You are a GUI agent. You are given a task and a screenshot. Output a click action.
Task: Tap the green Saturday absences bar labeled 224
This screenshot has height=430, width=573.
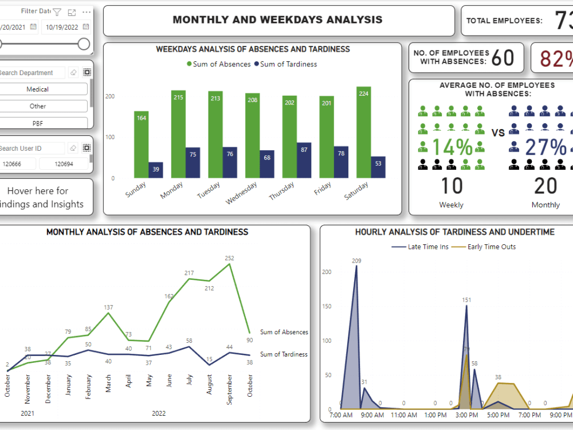pos(364,132)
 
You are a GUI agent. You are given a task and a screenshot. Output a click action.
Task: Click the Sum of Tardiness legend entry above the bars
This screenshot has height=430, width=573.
pos(285,64)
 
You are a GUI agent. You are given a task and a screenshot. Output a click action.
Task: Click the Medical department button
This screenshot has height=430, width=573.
pos(37,89)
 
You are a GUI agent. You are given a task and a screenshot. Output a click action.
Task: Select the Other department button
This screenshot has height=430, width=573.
pos(37,106)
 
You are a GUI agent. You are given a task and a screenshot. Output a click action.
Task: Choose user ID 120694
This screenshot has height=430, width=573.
pos(64,164)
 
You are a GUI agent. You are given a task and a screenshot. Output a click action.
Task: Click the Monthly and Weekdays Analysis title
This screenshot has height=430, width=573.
pos(277,20)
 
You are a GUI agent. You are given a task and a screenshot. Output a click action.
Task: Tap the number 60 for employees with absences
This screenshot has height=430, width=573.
pos(503,57)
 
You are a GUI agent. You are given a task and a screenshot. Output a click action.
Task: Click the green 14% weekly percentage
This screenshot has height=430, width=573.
pos(453,147)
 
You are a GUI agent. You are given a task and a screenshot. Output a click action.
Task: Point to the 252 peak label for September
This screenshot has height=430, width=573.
pos(229,258)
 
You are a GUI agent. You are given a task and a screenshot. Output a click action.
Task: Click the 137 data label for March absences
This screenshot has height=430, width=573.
pos(108,308)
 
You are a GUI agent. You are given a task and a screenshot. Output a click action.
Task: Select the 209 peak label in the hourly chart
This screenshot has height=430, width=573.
pos(356,261)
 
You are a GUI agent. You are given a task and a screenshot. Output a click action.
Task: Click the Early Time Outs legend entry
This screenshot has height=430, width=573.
pos(487,247)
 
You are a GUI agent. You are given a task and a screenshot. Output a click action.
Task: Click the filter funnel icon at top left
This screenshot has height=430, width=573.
pos(57,11)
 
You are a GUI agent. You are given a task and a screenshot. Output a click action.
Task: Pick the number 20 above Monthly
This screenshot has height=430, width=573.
pos(545,186)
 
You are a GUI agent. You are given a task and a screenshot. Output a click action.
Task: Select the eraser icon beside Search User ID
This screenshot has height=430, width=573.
pos(73,148)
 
